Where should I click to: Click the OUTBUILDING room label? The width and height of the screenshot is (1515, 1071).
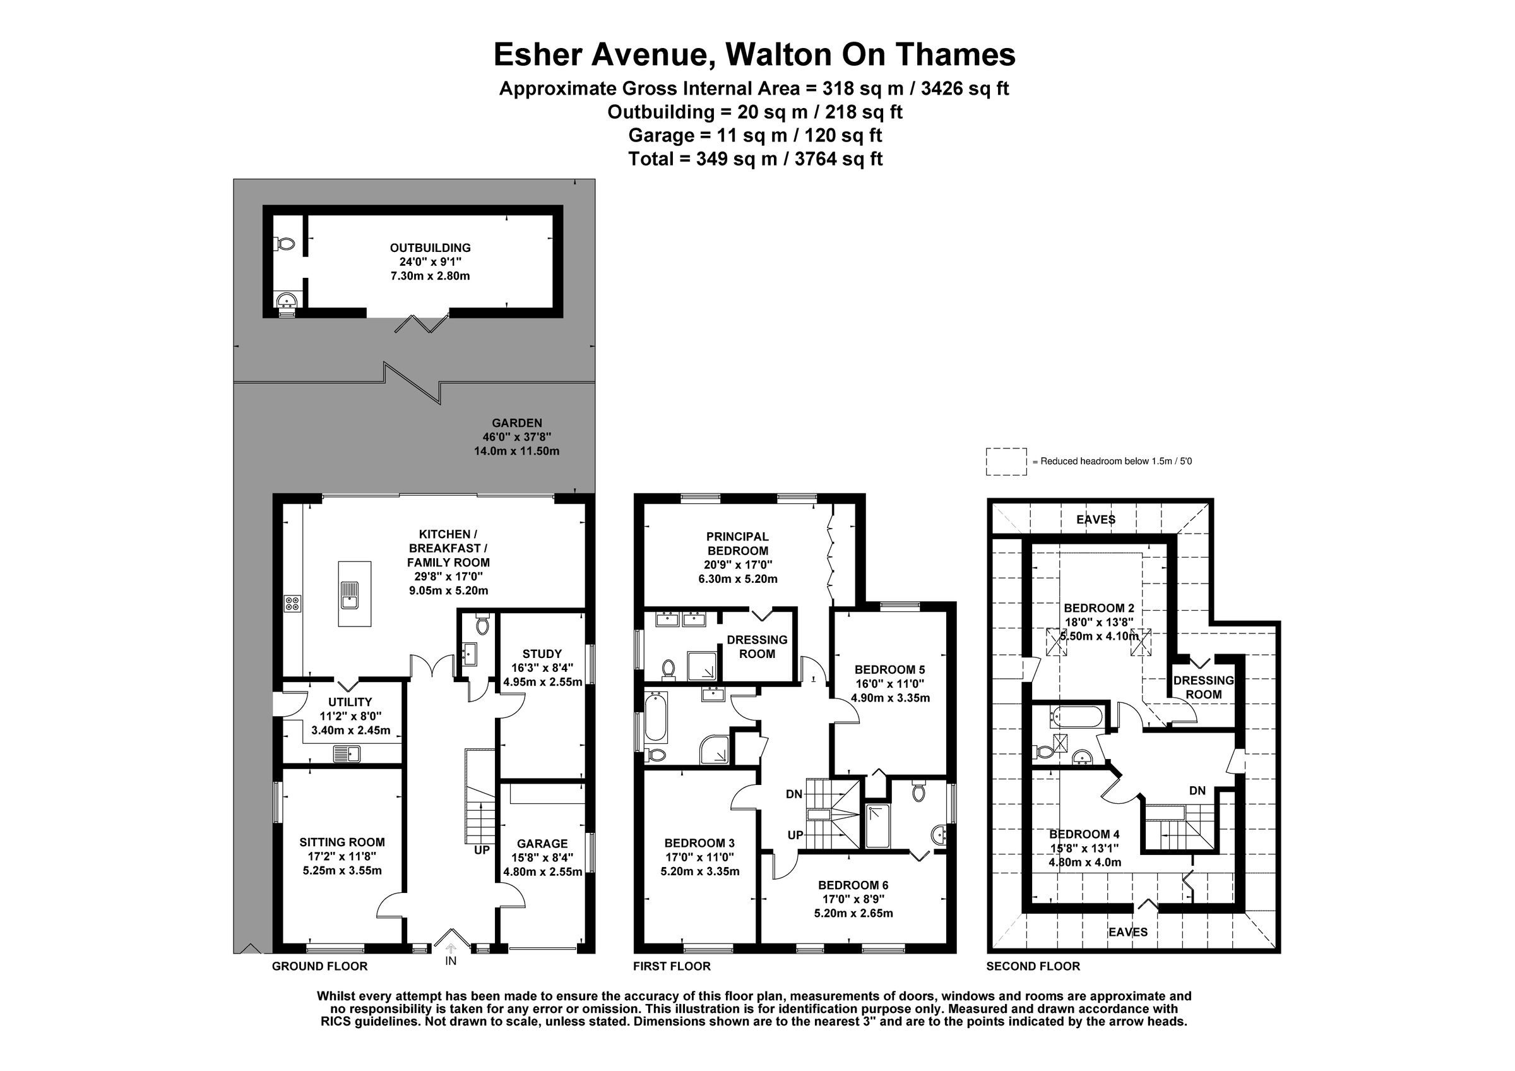click(431, 248)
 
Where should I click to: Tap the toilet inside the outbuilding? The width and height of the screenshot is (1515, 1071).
click(285, 244)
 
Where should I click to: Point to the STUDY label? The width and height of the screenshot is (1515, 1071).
click(542, 654)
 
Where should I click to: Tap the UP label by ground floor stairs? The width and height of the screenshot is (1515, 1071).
click(482, 851)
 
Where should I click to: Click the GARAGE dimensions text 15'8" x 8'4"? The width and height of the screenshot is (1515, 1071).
click(542, 858)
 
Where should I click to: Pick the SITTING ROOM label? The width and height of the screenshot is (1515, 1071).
click(342, 842)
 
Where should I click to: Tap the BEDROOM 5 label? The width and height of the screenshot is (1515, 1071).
click(889, 669)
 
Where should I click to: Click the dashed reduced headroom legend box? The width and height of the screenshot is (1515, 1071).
click(1006, 461)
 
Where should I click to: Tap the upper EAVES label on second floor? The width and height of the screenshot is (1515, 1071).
click(1095, 520)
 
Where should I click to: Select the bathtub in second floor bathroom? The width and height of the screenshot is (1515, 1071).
click(1076, 717)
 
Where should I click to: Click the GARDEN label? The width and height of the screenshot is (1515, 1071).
click(516, 423)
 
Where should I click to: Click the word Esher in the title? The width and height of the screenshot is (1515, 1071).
click(539, 55)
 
